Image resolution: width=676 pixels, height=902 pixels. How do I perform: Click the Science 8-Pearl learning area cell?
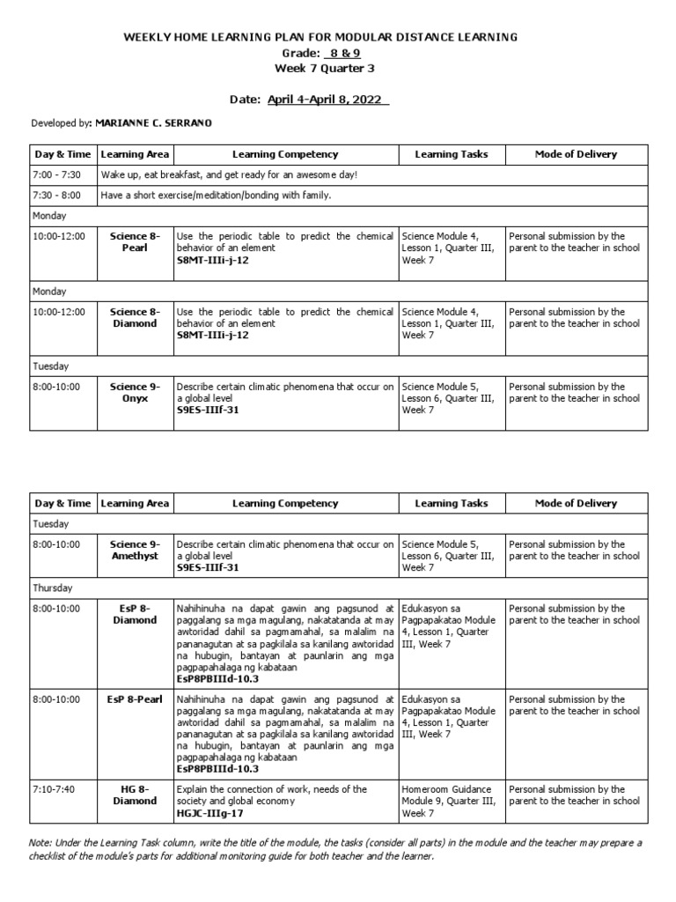coord(135,242)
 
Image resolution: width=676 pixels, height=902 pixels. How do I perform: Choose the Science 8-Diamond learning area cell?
coord(135,317)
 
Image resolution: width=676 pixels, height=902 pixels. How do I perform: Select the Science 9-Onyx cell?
coord(135,392)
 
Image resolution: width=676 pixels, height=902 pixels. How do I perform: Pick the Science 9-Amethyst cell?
coord(135,551)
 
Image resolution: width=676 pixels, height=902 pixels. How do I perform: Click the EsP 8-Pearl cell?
coord(135,699)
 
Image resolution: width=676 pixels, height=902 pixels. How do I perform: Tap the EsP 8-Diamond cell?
coord(135,614)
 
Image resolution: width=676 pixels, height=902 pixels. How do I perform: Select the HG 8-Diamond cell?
coord(135,795)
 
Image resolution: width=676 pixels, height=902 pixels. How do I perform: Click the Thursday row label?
coord(53,588)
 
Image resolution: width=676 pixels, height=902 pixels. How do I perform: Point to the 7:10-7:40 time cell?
coord(55,789)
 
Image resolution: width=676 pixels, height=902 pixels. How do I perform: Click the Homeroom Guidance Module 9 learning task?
coord(450,801)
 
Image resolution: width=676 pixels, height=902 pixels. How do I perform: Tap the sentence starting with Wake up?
coord(229,174)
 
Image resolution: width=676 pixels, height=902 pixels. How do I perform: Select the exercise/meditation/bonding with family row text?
coord(216,195)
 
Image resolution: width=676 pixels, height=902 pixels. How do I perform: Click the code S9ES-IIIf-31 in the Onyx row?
coord(208,410)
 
